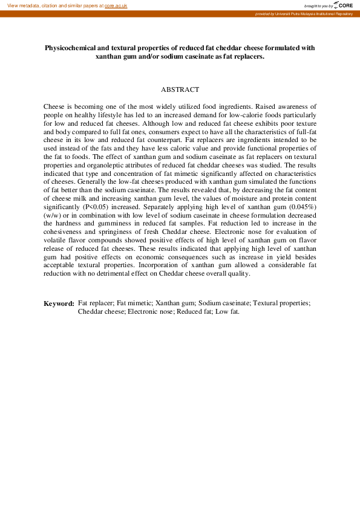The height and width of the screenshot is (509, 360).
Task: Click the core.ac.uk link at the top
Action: [116, 5]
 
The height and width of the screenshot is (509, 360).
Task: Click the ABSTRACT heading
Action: [180, 89]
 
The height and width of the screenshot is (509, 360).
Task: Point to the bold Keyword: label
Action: [59, 303]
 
